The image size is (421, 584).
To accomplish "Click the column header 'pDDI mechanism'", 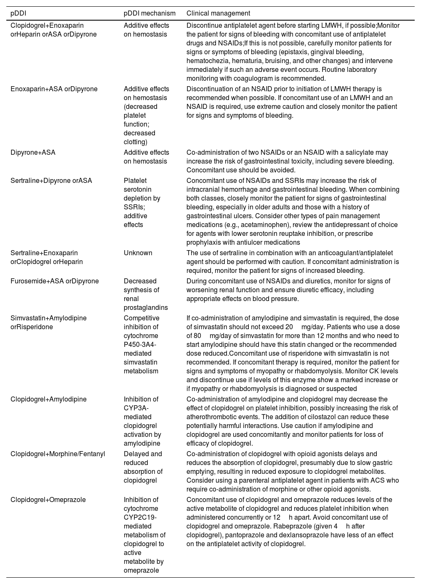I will pos(149,13).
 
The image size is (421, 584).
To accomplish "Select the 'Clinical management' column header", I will pos(218,13).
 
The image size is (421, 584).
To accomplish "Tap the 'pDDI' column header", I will pos(18,13).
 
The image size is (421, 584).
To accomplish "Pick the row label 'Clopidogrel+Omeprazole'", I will pos(48,500).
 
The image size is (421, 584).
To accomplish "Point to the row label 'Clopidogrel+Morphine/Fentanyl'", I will pos(58,454).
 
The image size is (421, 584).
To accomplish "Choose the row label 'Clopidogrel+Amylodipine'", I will pos(48,399).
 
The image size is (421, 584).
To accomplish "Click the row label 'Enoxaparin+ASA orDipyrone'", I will pos(54,89).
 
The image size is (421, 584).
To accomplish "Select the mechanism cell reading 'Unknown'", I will pos(138,253).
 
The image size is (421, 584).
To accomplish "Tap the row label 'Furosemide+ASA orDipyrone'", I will pos(55,281).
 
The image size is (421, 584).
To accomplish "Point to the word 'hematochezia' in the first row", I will pos(207,61).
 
